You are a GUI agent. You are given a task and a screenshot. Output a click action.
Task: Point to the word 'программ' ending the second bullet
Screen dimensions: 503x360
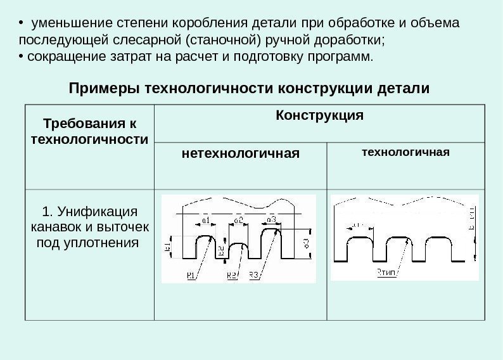[345, 58]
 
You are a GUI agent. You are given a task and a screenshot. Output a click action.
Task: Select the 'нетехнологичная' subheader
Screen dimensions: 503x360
[241, 153]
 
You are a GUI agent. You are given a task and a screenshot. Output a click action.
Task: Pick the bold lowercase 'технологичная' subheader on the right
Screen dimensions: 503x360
[405, 152]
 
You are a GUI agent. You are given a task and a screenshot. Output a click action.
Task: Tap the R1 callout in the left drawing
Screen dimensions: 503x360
[191, 275]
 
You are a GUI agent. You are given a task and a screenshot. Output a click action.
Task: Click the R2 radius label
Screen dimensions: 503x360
[231, 275]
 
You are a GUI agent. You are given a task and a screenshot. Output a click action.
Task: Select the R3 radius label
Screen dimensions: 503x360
[253, 275]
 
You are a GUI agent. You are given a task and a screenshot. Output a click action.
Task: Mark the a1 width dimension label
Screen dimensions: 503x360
[206, 219]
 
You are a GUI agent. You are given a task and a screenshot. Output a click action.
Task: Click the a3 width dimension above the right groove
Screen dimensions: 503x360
[271, 219]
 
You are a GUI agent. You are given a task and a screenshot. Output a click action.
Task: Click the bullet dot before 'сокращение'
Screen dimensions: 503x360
[21, 58]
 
